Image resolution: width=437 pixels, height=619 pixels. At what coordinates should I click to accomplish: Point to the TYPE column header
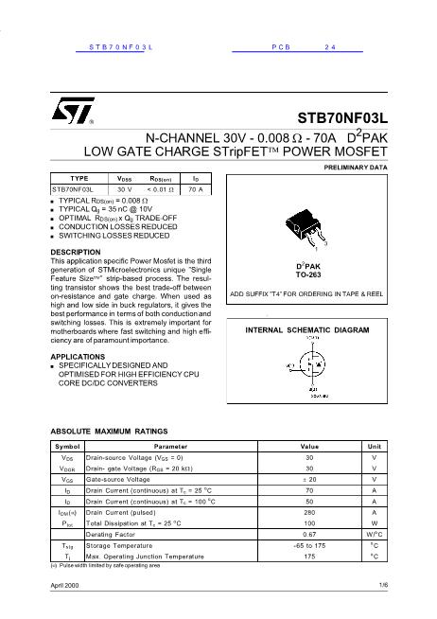point(79,178)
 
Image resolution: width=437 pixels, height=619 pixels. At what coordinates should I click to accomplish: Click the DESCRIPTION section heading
point(75,251)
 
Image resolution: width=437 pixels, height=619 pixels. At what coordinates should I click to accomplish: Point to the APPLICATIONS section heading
point(79,355)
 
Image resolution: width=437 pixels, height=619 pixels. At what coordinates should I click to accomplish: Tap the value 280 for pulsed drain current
point(309,512)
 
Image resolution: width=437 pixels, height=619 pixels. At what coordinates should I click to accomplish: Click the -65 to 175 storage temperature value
point(309,545)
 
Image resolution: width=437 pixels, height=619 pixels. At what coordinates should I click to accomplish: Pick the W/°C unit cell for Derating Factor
point(375,534)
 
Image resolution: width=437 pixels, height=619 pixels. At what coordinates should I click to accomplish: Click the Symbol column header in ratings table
point(66,445)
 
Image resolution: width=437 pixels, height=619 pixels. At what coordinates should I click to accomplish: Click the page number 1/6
point(382,588)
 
